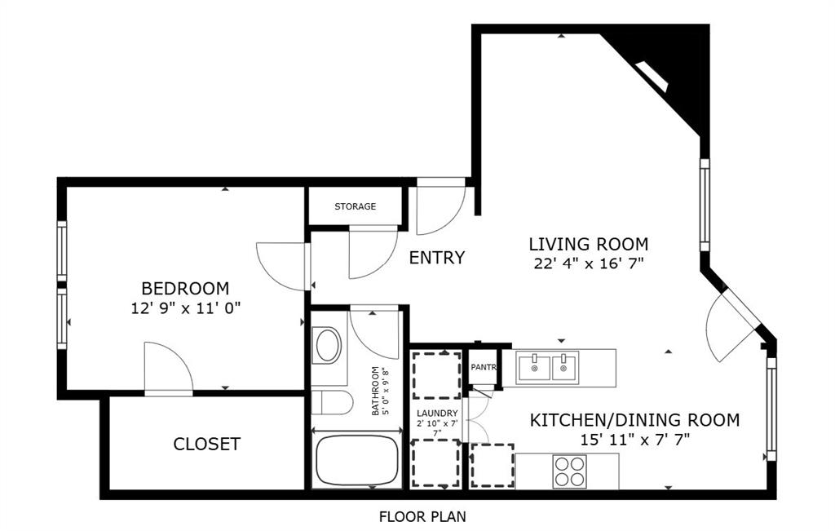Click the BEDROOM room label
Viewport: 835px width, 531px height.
[185, 288]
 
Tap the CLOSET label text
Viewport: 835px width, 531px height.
[206, 444]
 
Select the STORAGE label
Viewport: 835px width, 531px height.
[355, 206]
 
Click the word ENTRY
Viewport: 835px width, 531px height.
[436, 258]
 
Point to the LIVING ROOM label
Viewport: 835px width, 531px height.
[588, 244]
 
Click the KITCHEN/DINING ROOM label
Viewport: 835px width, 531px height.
[634, 420]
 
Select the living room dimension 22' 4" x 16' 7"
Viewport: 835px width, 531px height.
[588, 263]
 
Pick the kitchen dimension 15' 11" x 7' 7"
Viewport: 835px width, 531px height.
[634, 440]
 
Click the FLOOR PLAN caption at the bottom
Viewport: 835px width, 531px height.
[422, 516]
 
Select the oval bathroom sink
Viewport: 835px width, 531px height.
[328, 346]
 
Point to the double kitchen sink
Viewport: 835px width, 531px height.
[547, 367]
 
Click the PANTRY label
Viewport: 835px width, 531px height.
[484, 367]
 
